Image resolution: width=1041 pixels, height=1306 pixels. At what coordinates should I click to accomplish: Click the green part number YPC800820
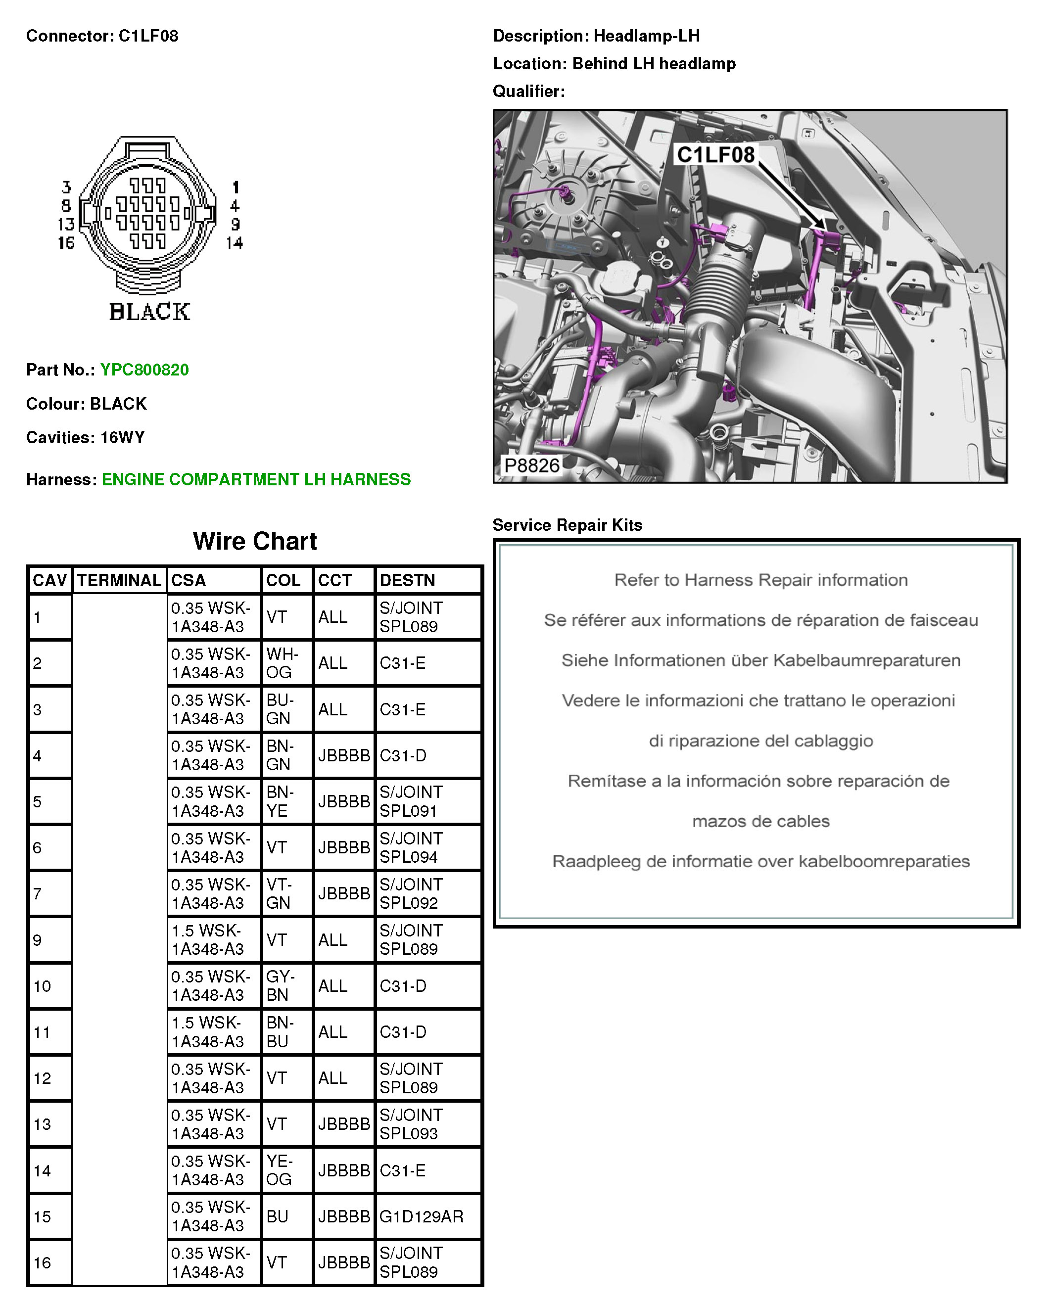pos(144,370)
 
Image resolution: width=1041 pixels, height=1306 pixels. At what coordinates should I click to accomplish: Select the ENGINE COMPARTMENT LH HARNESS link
pos(256,479)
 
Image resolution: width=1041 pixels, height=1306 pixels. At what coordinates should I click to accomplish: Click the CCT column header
pos(334,580)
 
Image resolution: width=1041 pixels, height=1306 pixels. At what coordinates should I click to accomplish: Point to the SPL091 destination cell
pos(411,801)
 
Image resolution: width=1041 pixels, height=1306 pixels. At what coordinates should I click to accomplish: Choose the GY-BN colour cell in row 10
pos(280,985)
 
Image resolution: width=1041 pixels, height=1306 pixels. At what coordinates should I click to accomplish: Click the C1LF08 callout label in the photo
pos(715,155)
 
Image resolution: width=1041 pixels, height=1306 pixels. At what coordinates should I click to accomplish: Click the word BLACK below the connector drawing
pos(149,312)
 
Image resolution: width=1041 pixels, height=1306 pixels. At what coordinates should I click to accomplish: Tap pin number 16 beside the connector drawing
pos(66,243)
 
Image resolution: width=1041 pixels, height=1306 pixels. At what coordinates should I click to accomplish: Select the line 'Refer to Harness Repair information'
pos(760,580)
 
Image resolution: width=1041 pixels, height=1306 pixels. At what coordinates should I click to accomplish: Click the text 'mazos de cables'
pos(760,821)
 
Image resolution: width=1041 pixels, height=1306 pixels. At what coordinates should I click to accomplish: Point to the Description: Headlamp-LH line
pos(596,36)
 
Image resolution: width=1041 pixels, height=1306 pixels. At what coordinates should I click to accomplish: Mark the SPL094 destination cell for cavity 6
pos(411,847)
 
